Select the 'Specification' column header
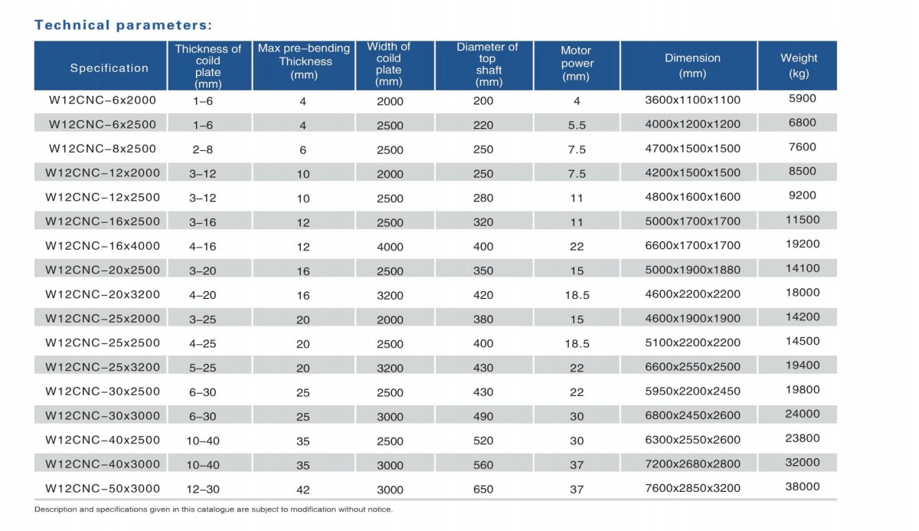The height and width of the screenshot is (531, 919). click(109, 68)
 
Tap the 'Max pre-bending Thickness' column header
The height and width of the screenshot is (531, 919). click(303, 61)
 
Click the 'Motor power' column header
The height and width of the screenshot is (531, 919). click(577, 64)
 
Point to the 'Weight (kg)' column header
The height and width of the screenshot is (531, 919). click(798, 66)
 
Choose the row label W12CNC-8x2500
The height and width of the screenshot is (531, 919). click(103, 149)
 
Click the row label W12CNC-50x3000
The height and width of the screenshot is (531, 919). click(103, 489)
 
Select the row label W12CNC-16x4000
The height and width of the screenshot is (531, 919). click(103, 246)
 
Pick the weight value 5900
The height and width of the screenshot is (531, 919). click(803, 98)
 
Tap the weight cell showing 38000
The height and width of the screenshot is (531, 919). click(803, 487)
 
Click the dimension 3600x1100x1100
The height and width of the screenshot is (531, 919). click(692, 100)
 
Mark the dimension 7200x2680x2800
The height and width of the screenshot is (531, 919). click(692, 464)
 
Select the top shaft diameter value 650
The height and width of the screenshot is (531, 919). click(483, 489)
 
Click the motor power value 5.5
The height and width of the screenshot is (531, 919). click(577, 125)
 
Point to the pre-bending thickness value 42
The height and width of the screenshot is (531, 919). click(303, 490)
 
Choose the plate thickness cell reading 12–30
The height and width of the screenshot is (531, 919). click(203, 489)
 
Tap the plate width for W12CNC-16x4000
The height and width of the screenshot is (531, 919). click(390, 247)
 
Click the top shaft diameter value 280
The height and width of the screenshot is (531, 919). click(483, 198)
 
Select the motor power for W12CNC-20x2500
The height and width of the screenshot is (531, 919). click(577, 270)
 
